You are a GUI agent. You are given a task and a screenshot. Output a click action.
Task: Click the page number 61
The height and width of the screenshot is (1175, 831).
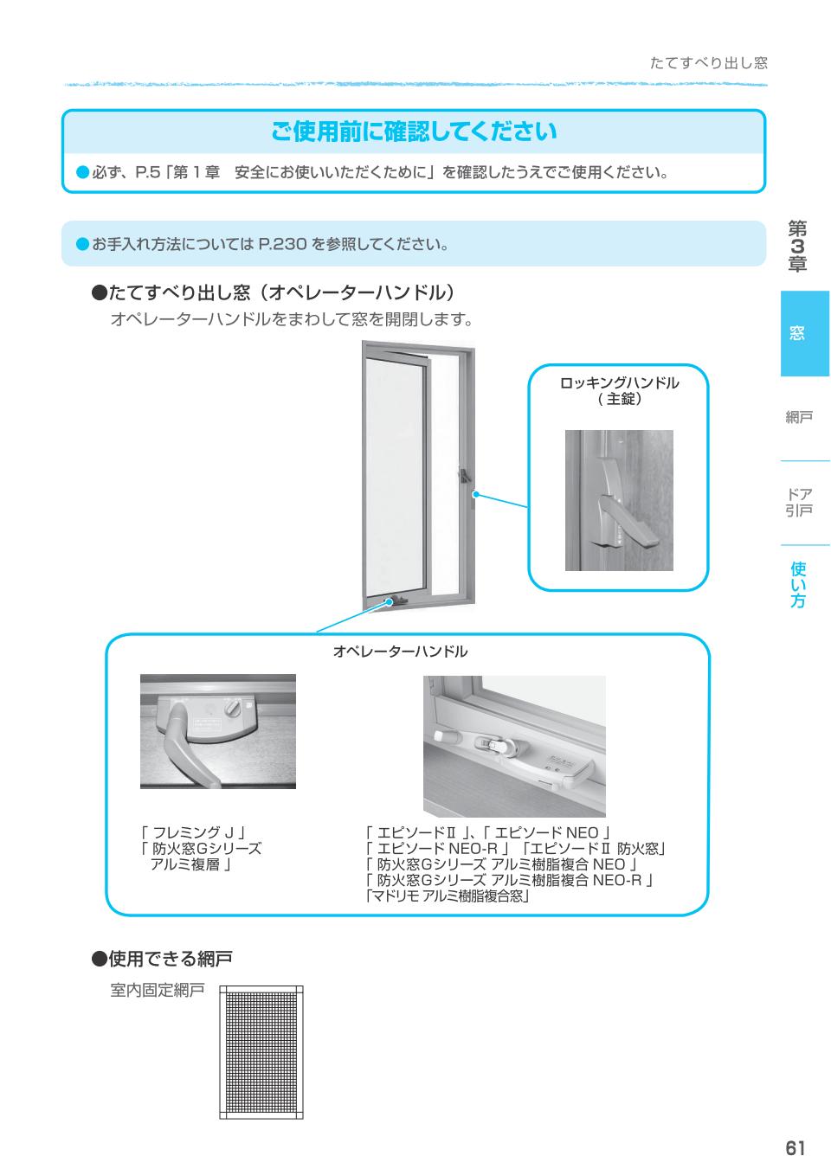pos(796,1148)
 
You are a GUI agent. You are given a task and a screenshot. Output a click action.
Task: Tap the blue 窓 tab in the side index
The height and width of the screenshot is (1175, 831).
pos(797,333)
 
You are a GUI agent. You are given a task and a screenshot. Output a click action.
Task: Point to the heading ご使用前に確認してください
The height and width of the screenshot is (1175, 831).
pos(414,132)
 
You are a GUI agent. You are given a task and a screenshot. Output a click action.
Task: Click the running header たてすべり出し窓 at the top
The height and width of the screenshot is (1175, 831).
pos(708,63)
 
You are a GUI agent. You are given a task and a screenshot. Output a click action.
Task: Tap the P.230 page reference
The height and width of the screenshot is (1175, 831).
pos(283,244)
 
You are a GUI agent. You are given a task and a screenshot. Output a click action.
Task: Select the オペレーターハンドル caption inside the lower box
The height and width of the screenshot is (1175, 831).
pos(400,652)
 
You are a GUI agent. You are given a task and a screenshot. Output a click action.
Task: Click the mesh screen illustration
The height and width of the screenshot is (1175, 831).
pos(261,1051)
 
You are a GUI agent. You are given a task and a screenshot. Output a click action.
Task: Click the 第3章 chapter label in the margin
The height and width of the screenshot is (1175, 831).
pos(797,247)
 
